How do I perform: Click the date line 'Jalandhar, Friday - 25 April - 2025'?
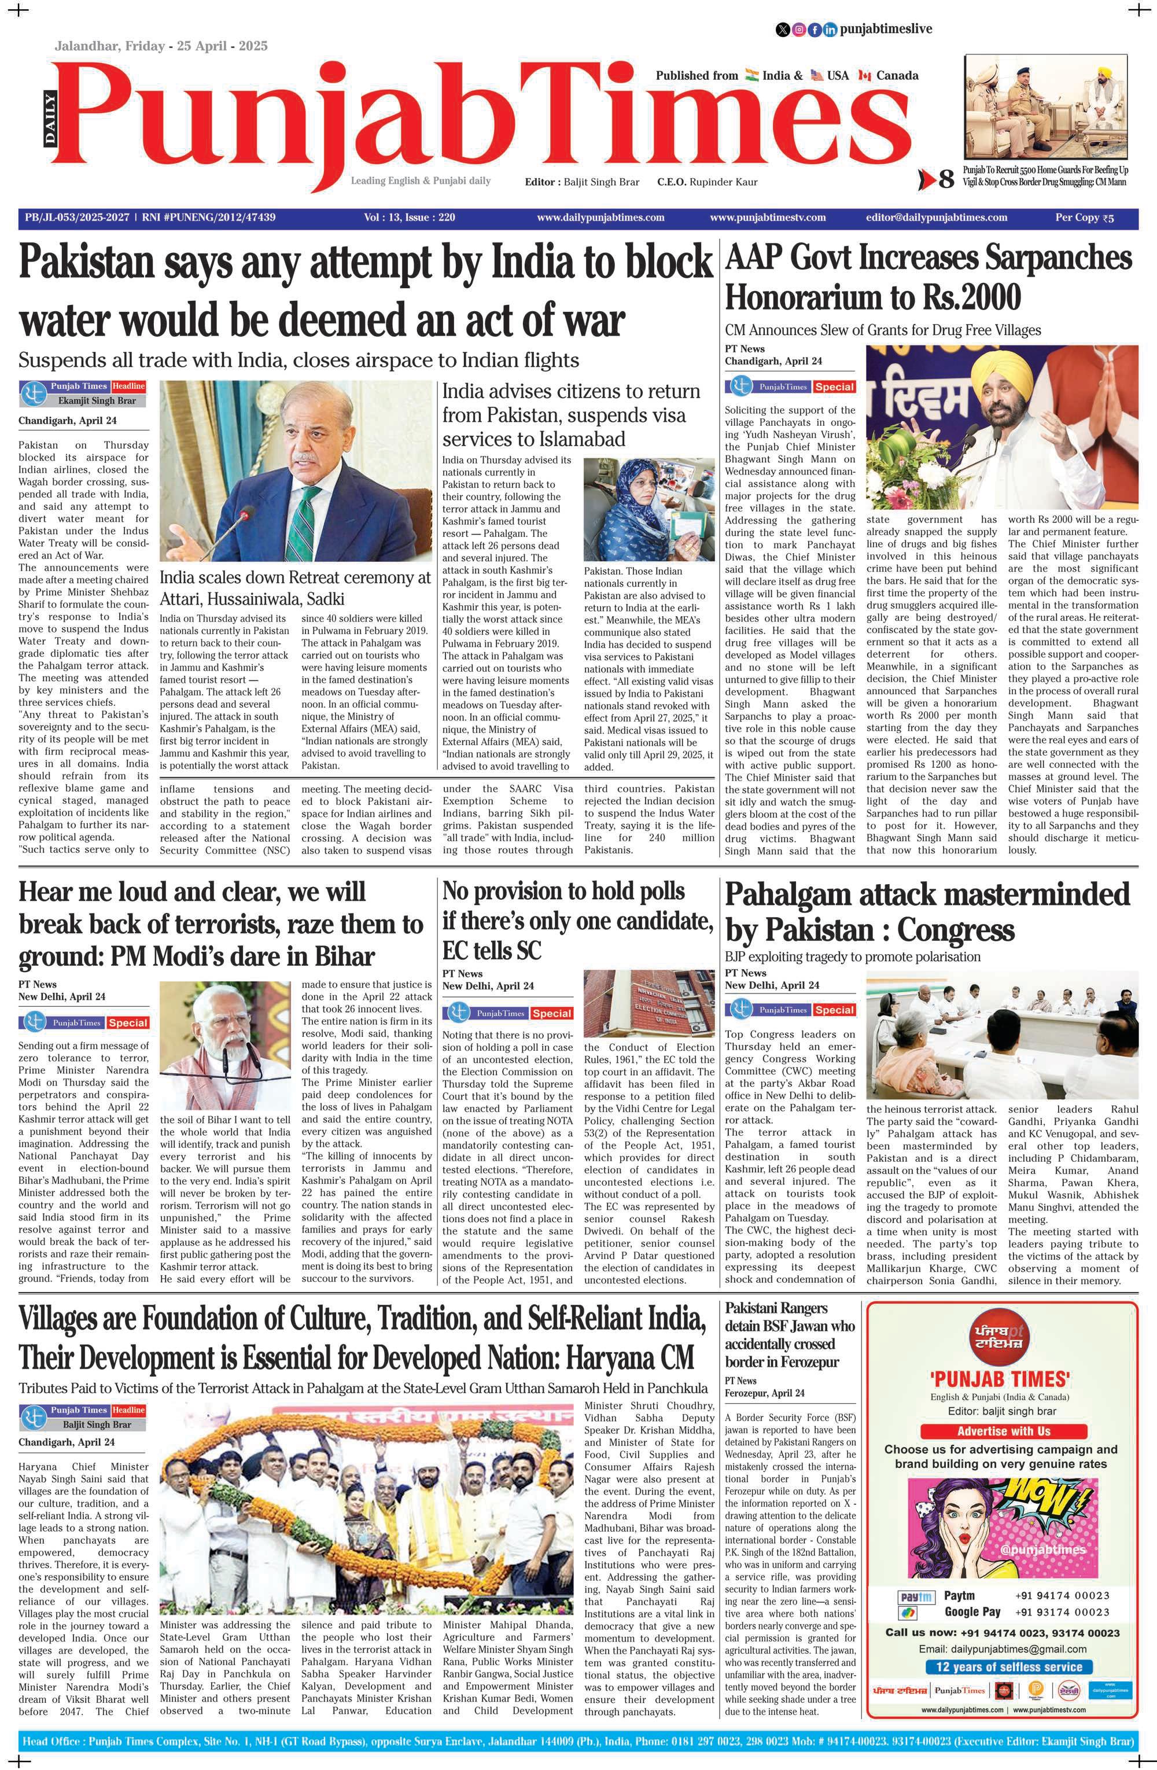click(x=161, y=46)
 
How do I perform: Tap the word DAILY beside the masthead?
click(x=50, y=119)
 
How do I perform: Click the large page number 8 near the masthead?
click(x=946, y=179)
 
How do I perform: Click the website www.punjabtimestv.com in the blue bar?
click(x=767, y=218)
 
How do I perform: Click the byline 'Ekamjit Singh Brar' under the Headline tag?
click(x=97, y=401)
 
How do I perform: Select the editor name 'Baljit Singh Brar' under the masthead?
click(x=602, y=182)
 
